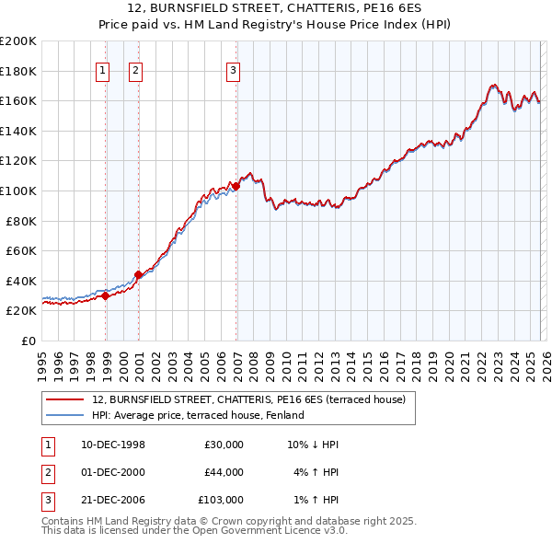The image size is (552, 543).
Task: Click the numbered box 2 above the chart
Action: [x=135, y=70]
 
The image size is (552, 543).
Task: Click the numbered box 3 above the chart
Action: [x=234, y=70]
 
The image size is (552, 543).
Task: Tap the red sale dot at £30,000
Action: [x=106, y=295]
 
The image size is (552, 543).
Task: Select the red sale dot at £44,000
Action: [x=138, y=274]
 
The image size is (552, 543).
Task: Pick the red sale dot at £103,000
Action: [x=236, y=186]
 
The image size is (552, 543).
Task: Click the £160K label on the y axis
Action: [x=18, y=100]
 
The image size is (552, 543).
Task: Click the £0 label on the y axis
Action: [x=28, y=341]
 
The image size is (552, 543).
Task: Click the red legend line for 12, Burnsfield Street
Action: [x=64, y=399]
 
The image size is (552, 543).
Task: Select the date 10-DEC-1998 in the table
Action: [x=113, y=445]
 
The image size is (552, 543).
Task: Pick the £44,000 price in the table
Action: [x=224, y=472]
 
